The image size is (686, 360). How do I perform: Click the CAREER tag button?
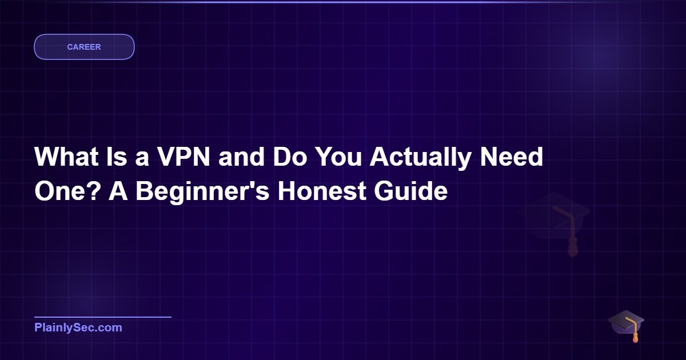click(x=84, y=47)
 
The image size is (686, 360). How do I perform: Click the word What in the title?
click(x=66, y=157)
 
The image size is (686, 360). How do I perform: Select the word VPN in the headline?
click(x=184, y=157)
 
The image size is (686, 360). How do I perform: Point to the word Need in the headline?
click(x=512, y=157)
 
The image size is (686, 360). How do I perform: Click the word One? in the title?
click(x=67, y=191)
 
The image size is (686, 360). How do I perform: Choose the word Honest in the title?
click(x=321, y=191)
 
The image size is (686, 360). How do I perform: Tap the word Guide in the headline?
click(x=410, y=191)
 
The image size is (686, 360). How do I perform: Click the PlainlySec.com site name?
click(x=78, y=327)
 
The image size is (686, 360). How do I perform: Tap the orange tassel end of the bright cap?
click(x=636, y=339)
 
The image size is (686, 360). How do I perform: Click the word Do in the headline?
click(x=290, y=157)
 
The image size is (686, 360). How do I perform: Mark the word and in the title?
click(x=241, y=157)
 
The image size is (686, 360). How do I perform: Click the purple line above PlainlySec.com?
click(x=103, y=317)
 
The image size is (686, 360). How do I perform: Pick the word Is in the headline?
click(x=117, y=157)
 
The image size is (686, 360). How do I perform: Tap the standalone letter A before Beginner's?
click(x=118, y=191)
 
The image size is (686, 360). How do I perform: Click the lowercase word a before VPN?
click(x=142, y=159)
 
